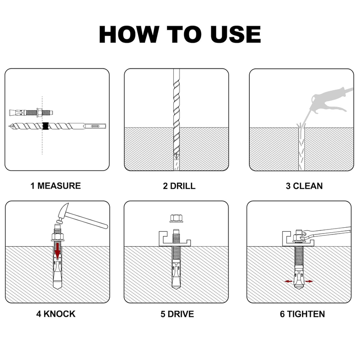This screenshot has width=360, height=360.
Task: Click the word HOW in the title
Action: [129, 34]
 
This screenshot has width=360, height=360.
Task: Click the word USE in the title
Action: [236, 34]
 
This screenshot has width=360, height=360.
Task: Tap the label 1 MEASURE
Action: [55, 186]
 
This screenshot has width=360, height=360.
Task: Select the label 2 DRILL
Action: [179, 186]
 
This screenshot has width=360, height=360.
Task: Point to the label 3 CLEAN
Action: [304, 186]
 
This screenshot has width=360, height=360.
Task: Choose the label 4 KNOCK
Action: [56, 314]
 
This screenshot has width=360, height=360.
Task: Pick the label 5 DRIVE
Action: [177, 314]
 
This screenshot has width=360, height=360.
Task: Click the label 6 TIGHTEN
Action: [302, 314]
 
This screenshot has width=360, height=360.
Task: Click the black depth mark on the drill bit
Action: [46, 126]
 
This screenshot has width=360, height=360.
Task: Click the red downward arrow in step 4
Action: [58, 250]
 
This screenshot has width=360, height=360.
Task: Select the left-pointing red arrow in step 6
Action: [288, 281]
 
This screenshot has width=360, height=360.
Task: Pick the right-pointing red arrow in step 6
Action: [309, 281]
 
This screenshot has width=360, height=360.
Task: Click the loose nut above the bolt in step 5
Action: [176, 218]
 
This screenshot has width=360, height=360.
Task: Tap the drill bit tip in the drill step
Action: [176, 156]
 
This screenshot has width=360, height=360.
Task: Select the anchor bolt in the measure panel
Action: [31, 113]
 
